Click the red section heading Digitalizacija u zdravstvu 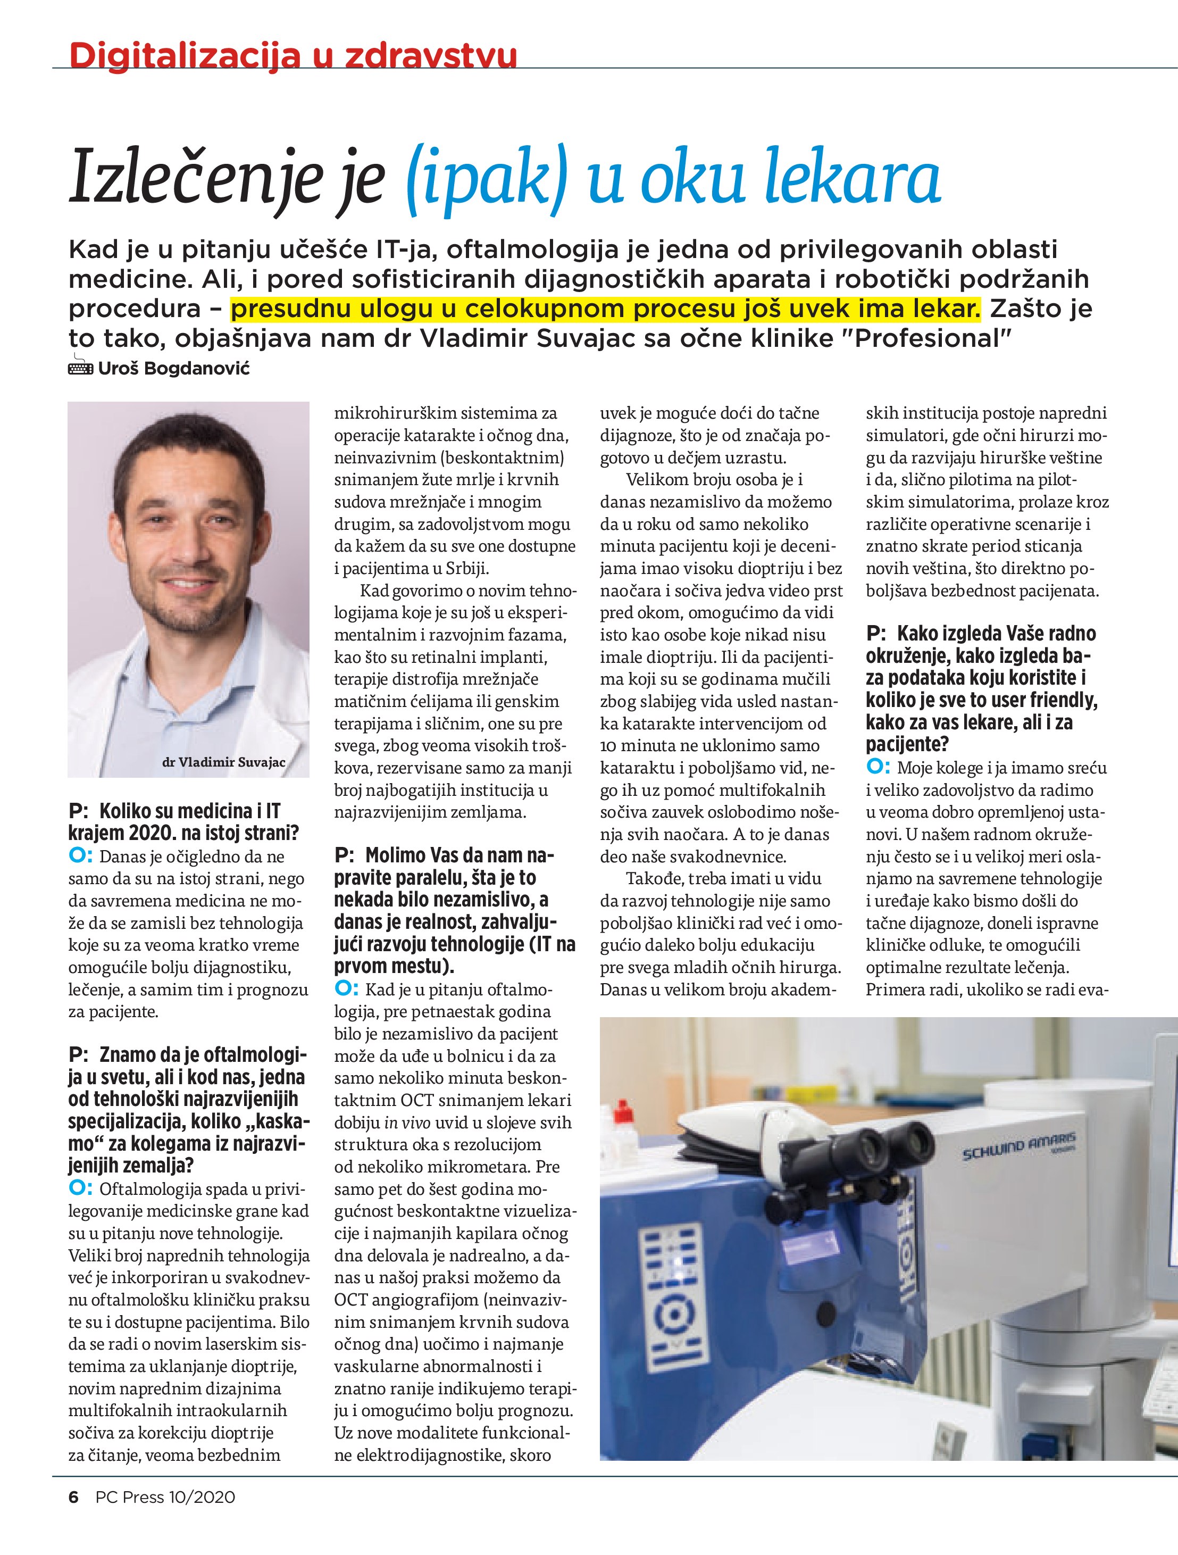pyautogui.click(x=293, y=54)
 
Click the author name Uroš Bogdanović pyautogui.click(x=173, y=368)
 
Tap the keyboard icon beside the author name pyautogui.click(x=80, y=368)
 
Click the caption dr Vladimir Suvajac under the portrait pyautogui.click(x=223, y=762)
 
